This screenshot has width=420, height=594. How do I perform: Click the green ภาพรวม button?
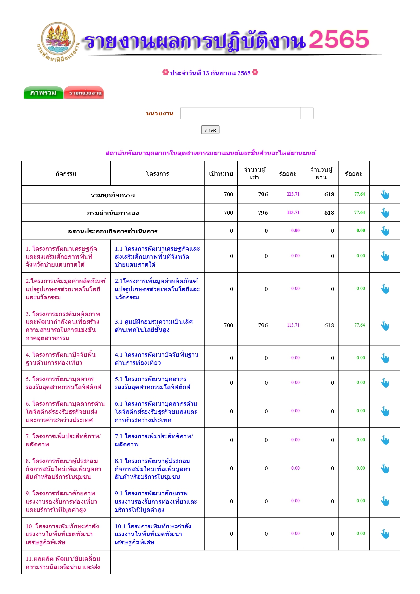point(43,93)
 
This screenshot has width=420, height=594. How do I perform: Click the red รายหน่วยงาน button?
point(84,93)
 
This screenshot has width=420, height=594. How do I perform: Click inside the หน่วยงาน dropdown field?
point(240,113)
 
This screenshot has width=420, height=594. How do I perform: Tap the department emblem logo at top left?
point(58,41)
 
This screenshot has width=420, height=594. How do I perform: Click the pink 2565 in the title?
point(338,40)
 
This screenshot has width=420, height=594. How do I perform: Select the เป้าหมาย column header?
point(221,174)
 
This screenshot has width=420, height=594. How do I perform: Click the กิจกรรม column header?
point(66,174)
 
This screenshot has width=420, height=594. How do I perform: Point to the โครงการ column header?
point(157,174)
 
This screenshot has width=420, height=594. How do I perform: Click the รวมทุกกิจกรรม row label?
point(113,195)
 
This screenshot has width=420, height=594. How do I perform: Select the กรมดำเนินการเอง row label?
point(113,213)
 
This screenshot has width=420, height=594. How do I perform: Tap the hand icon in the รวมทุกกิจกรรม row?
point(385,195)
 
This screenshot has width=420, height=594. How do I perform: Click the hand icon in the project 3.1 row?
point(385,325)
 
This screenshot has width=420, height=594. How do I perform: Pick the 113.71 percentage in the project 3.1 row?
point(293,325)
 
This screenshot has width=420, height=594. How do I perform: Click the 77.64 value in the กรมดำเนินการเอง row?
point(359,213)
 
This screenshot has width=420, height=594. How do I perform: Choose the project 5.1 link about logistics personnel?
point(152,383)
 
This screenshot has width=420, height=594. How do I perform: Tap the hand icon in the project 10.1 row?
point(385,534)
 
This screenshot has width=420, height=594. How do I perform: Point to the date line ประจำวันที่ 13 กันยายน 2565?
point(210,73)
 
